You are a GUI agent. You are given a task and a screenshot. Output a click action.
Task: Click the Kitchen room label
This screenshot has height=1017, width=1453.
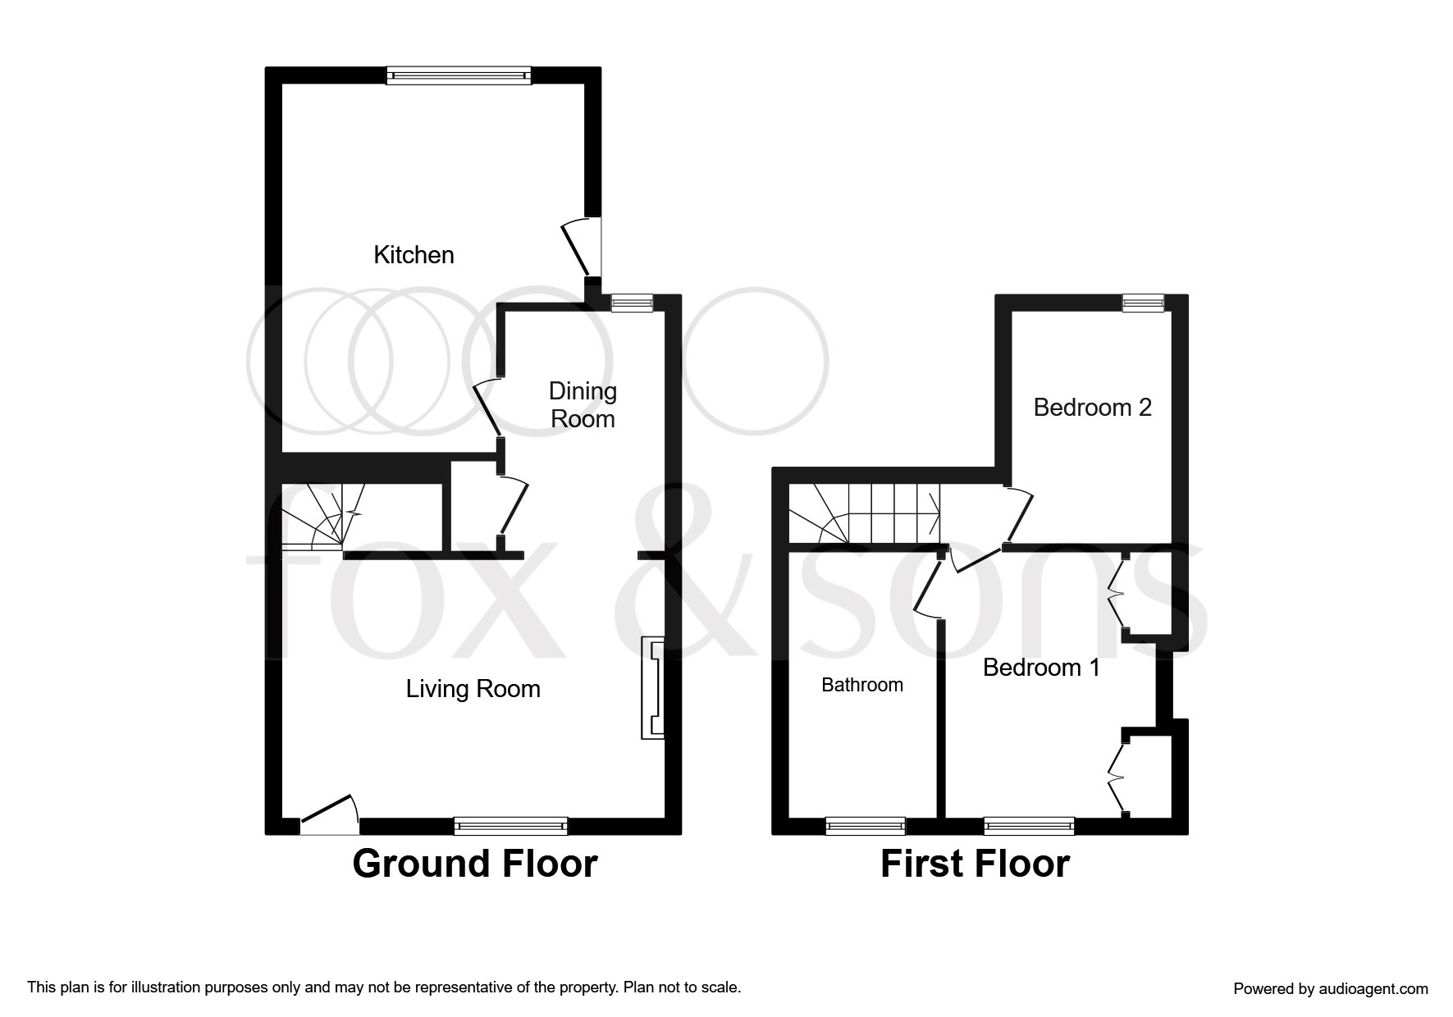(x=414, y=255)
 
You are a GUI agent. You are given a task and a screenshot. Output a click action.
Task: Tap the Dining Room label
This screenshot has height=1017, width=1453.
(x=583, y=405)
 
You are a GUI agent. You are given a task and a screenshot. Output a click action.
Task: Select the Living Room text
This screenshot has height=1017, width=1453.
(x=473, y=689)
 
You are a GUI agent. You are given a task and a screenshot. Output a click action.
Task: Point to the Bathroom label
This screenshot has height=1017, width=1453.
(x=862, y=685)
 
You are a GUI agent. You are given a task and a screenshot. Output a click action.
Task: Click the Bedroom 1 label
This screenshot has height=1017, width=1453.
(x=1041, y=668)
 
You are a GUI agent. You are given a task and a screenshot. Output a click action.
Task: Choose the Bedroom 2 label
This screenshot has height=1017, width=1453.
(x=1092, y=408)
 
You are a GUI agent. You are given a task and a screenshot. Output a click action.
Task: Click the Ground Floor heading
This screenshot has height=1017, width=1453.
(x=475, y=864)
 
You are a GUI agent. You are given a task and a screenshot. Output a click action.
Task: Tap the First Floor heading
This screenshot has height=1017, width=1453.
(x=975, y=864)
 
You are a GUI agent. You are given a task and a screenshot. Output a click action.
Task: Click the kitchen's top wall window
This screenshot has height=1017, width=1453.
(x=459, y=75)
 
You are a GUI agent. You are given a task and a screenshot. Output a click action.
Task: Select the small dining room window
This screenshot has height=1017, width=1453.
(x=632, y=303)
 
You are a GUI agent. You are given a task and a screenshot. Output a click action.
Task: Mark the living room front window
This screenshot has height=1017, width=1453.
(x=510, y=826)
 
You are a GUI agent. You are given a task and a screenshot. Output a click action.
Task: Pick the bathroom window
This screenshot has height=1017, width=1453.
(x=866, y=826)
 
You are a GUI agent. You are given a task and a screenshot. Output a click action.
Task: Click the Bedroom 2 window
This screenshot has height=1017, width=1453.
(x=1144, y=303)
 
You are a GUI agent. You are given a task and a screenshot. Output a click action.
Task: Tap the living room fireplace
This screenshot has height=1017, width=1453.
(x=653, y=688)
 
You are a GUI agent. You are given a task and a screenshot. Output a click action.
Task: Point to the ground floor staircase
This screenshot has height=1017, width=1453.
(x=322, y=516)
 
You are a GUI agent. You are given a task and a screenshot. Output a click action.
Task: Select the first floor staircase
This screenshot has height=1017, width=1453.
(x=865, y=513)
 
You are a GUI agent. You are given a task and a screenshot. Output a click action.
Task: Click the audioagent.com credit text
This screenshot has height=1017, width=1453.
(x=1331, y=989)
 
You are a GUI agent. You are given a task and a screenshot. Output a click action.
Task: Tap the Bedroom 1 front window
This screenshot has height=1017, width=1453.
(x=1029, y=826)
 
